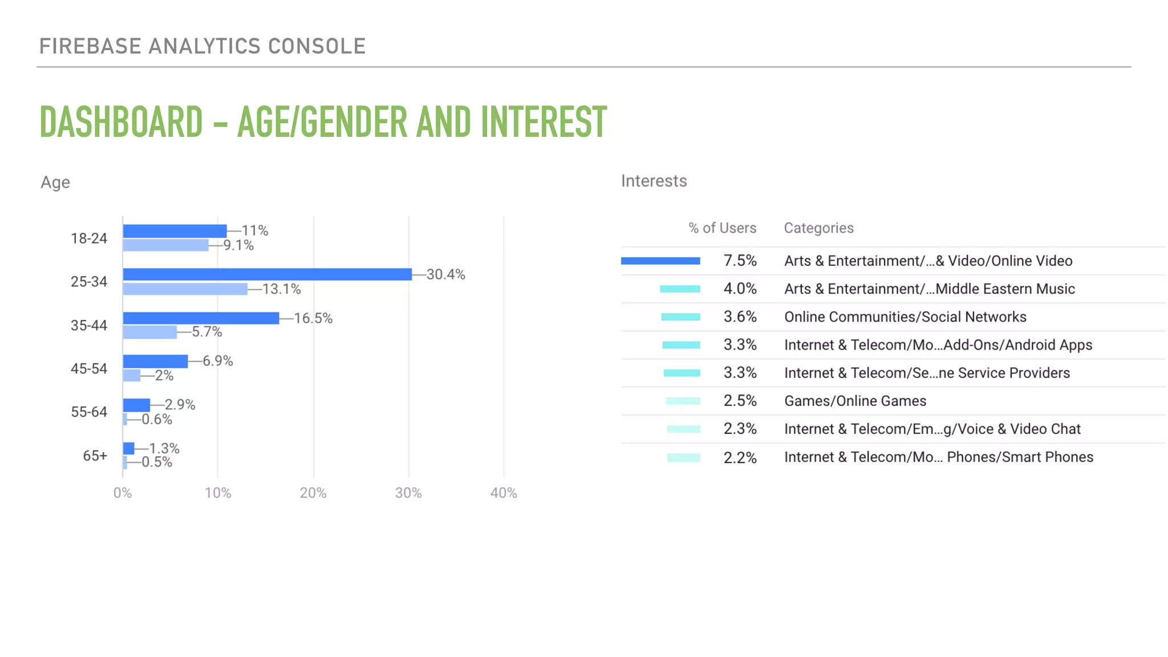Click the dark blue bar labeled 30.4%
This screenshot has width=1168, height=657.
(x=267, y=274)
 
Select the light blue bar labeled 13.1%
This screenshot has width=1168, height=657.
(x=185, y=289)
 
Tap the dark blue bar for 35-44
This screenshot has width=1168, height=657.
(x=201, y=318)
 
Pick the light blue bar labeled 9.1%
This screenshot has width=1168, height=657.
(x=165, y=245)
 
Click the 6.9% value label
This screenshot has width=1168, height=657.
(x=218, y=361)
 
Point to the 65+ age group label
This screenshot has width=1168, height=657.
(x=95, y=456)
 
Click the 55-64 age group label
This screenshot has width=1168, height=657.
(x=89, y=412)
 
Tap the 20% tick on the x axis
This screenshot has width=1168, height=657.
(x=313, y=493)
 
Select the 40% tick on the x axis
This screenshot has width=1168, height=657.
(x=504, y=493)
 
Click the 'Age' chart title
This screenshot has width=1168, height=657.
(x=55, y=182)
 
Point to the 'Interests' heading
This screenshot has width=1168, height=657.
(x=654, y=181)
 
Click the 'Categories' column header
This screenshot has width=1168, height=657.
(x=818, y=228)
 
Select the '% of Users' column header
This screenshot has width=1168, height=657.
(x=722, y=228)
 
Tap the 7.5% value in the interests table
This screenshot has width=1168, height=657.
(x=740, y=261)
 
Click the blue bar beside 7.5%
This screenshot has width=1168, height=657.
(x=660, y=261)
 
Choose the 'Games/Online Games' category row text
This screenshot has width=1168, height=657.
(x=855, y=401)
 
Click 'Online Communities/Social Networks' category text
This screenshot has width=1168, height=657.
(x=905, y=317)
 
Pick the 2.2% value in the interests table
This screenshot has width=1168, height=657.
(x=740, y=457)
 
